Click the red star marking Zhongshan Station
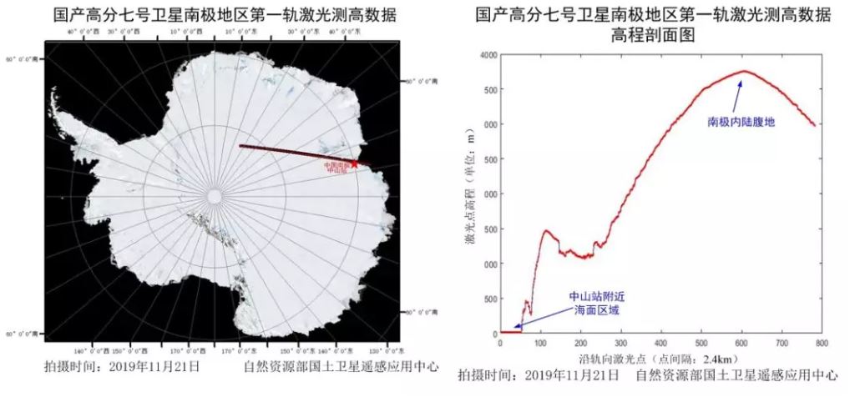(355, 163)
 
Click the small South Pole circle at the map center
(215, 196)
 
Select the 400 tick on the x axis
(660, 342)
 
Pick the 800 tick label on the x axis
(821, 342)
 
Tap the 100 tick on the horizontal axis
(540, 342)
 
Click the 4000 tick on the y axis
(485, 55)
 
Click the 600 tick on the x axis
(741, 342)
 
